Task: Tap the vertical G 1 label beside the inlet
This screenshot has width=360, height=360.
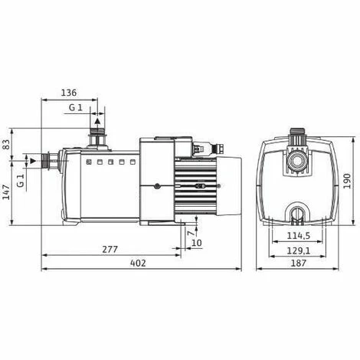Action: [21, 181]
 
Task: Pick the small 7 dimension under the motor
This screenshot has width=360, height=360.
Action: [189, 232]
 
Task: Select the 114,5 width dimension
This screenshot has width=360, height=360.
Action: [299, 236]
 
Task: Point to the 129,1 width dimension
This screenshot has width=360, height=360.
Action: [299, 250]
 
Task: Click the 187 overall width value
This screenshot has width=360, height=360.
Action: [299, 263]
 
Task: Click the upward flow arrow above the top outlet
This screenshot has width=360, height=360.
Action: [97, 119]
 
